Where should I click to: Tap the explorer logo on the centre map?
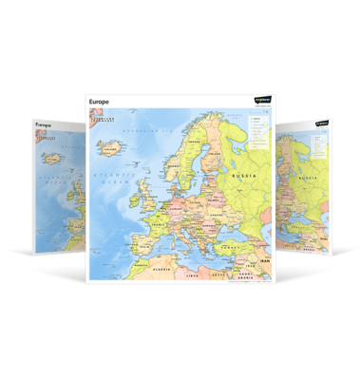click(261, 99)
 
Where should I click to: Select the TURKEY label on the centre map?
click(234, 246)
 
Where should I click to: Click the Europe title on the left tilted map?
click(43, 123)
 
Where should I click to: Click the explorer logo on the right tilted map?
click(323, 123)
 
